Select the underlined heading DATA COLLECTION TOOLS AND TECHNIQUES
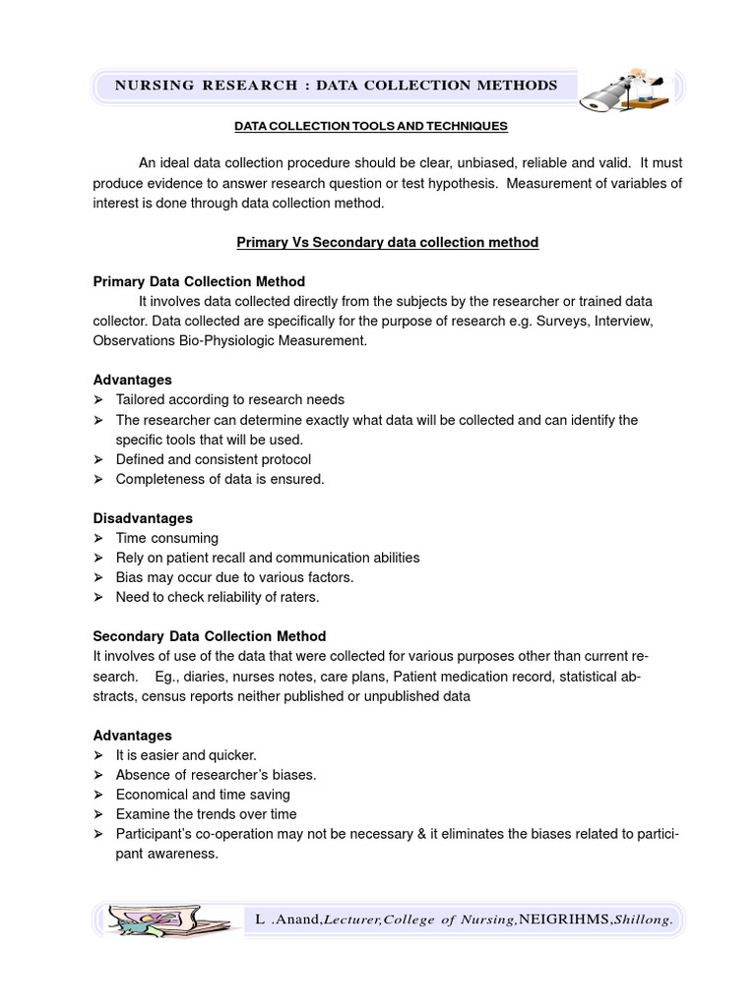pos(370,126)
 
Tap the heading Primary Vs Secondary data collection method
pos(388,242)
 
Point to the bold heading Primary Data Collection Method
pos(199,281)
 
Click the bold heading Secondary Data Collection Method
pos(209,636)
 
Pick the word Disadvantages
pos(143,518)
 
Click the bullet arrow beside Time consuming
pos(98,538)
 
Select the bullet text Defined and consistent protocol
pos(213,459)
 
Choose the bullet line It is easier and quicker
pos(186,755)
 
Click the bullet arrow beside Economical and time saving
pos(98,795)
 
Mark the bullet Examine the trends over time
pos(206,814)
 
